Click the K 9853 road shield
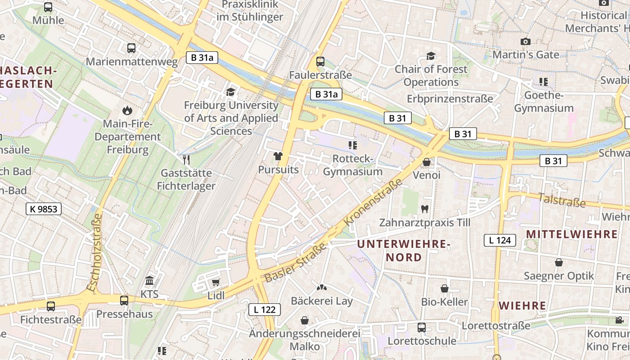pos(43,209)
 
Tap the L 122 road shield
pos(265,310)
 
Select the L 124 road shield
pos(500,240)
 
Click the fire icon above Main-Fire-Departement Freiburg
pos(127,110)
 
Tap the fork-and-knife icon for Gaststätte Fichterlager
pos(186,159)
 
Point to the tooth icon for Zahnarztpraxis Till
pos(424,209)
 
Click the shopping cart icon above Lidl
pos(216,282)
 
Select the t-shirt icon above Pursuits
pos(278,156)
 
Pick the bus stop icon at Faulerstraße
pos(320,61)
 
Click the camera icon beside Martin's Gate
pos(525,41)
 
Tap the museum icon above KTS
pos(150,281)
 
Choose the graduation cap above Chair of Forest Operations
pos(431,56)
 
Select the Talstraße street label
pos(562,200)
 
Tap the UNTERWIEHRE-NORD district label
pos(404,251)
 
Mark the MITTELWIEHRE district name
pos(571,234)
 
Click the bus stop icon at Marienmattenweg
pos(131,48)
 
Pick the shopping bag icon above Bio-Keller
pos(445,288)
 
